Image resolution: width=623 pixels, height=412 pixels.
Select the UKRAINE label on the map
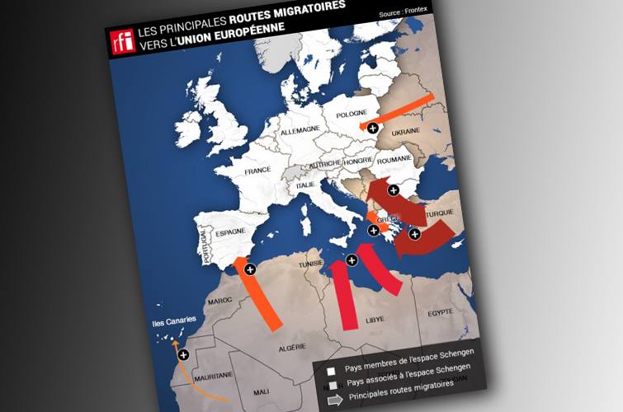point(406,131)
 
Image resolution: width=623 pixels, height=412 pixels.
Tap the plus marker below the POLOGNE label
point(373,128)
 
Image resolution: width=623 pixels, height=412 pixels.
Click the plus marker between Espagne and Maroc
point(250,269)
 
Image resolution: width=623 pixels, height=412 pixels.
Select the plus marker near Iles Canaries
point(183,354)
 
